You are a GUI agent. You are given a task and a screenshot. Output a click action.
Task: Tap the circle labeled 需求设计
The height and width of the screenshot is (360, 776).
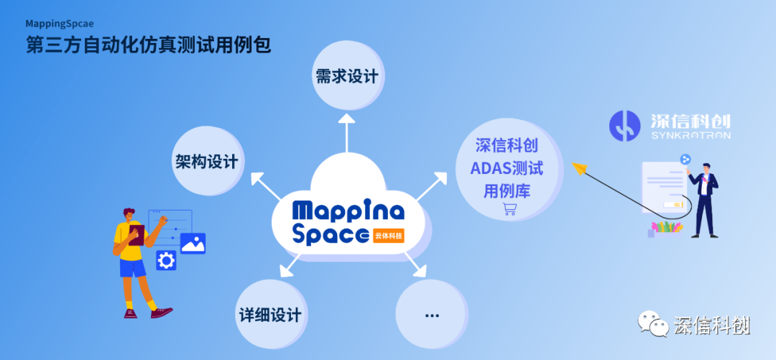pyautogui.click(x=348, y=75)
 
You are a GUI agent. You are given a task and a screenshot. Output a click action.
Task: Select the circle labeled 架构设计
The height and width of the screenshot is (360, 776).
pyautogui.click(x=208, y=160)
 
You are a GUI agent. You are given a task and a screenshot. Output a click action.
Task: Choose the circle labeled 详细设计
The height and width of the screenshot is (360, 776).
pyautogui.click(x=270, y=314)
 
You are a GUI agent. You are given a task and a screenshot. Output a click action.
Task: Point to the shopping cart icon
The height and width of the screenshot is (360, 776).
pyautogui.click(x=509, y=209)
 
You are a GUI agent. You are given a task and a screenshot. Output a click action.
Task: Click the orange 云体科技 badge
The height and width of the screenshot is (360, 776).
pyautogui.click(x=389, y=235)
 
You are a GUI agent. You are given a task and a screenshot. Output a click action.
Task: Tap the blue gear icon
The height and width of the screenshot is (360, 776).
pyautogui.click(x=166, y=260)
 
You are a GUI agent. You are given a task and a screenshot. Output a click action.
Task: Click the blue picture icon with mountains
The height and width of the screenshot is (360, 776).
pyautogui.click(x=193, y=243)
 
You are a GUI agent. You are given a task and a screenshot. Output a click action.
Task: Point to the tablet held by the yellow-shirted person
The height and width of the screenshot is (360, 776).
pyautogui.click(x=136, y=234)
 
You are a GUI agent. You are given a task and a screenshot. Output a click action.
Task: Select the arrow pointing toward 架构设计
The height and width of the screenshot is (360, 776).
pyautogui.click(x=267, y=186)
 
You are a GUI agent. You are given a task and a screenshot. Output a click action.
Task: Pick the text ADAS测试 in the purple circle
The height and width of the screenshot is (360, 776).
pyautogui.click(x=507, y=168)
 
